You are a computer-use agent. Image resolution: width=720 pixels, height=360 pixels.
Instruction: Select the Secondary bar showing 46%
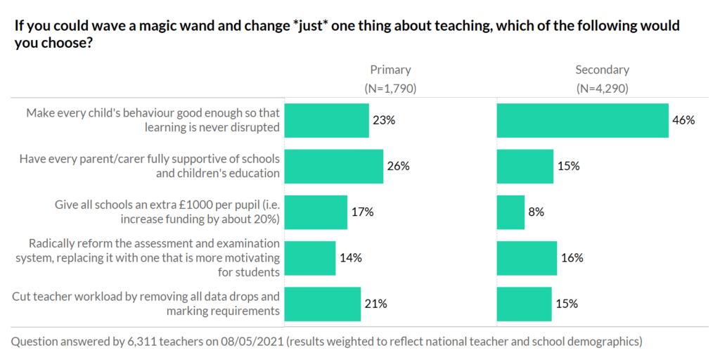(582, 120)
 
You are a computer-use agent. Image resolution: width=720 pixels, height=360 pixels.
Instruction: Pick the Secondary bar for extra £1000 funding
(510, 212)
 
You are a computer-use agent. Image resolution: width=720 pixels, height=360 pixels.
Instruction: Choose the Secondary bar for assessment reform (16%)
(527, 258)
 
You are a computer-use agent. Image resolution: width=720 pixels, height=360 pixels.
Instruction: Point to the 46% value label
(683, 120)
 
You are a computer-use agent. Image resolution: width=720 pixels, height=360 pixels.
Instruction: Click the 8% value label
(536, 212)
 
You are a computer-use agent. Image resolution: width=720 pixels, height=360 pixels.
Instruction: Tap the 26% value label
(398, 167)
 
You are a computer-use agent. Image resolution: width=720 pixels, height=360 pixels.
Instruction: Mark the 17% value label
(362, 212)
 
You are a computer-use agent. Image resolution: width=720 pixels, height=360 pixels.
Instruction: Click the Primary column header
(390, 70)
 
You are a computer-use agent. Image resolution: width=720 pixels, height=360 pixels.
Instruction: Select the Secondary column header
(602, 70)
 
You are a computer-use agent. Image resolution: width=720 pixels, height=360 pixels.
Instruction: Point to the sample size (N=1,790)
(390, 89)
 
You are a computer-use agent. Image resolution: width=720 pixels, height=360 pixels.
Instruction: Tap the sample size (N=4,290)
(602, 89)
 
